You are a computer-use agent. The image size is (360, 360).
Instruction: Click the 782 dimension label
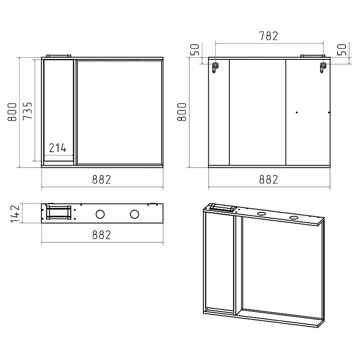[268, 36]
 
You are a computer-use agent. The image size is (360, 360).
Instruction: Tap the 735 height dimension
[27, 111]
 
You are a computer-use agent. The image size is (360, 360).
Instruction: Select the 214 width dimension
[58, 148]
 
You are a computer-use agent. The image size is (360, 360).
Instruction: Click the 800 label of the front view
[12, 112]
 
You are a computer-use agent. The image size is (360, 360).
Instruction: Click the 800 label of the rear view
[182, 112]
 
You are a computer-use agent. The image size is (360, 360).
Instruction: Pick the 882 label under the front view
[102, 180]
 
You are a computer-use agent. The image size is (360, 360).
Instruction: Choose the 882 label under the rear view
[269, 180]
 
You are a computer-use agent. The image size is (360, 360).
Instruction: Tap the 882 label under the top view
[102, 235]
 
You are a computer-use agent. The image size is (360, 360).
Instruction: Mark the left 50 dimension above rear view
[195, 50]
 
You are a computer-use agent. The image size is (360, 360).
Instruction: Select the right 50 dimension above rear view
[342, 50]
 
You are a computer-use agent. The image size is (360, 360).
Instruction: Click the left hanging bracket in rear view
[215, 67]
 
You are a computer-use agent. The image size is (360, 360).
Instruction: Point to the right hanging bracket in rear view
[323, 68]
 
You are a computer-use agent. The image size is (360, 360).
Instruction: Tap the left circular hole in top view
[100, 214]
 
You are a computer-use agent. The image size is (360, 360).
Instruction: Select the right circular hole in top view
[134, 214]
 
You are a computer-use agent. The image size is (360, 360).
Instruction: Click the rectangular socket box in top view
[58, 212]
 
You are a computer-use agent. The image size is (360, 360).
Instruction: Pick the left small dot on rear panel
[297, 112]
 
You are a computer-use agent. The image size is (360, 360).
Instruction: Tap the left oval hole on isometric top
[261, 214]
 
